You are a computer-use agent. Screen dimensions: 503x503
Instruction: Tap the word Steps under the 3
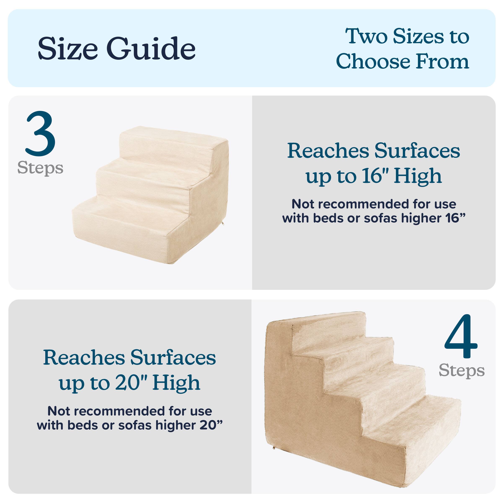tap(40, 168)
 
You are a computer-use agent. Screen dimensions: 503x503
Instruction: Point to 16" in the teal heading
tap(375, 176)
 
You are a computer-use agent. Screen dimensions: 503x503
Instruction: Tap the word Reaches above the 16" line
tap(328, 151)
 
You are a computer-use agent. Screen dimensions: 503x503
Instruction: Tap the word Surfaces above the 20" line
tap(173, 358)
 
